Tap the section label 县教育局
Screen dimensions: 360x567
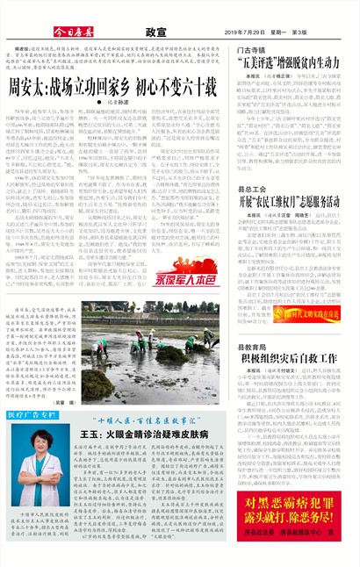pyautogui.click(x=252, y=348)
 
